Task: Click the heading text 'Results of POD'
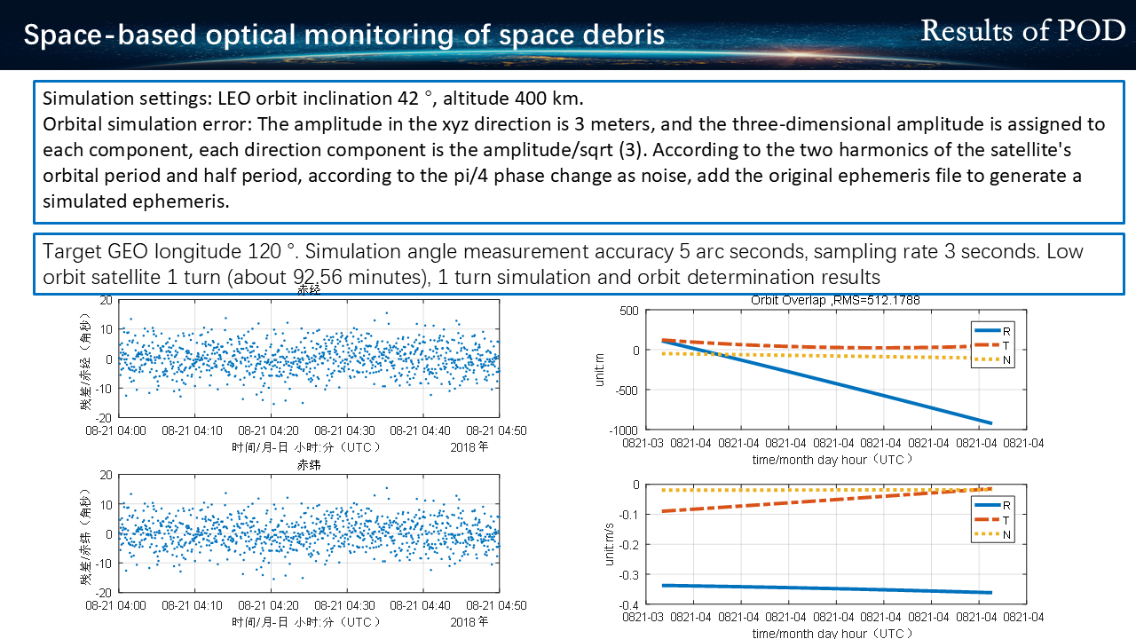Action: tap(1022, 31)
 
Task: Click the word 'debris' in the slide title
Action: tap(624, 35)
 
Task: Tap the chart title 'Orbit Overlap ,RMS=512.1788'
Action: tap(835, 300)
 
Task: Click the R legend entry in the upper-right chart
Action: tap(993, 331)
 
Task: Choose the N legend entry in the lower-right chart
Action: tap(993, 534)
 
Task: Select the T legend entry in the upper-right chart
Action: tap(993, 345)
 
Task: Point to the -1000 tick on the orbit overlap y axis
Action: tap(623, 430)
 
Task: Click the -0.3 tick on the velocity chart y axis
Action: tap(629, 575)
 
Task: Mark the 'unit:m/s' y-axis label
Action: tap(610, 544)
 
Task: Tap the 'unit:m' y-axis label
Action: tap(600, 370)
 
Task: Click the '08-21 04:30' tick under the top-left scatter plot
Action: tap(345, 430)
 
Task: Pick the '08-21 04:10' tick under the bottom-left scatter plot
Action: tap(193, 605)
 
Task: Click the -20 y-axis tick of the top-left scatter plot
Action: tap(104, 418)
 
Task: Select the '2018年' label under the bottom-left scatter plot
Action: tap(469, 622)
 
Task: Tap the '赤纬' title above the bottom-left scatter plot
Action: tap(309, 465)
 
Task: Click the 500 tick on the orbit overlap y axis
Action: tap(629, 311)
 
